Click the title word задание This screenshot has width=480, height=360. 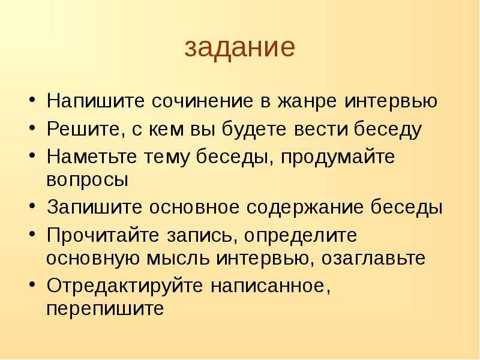[x=239, y=48]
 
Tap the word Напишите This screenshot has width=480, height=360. [x=95, y=100]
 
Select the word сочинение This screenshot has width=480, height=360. [x=202, y=101]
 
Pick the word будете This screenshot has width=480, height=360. [x=254, y=129]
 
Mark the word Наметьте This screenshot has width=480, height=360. [x=92, y=157]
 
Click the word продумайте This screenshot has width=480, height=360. [x=338, y=157]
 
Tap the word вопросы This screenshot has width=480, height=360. [x=87, y=180]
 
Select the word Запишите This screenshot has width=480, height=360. [x=95, y=207]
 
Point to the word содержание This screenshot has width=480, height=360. [x=305, y=208]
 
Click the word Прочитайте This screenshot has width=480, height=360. [x=103, y=235]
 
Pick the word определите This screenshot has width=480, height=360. [x=301, y=236]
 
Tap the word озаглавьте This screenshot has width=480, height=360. [x=373, y=258]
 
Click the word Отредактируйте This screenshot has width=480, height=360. [x=125, y=286]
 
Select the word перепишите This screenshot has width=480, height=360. [x=105, y=309]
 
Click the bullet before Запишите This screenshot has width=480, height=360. [x=32, y=206]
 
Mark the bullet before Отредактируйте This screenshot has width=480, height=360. [x=32, y=284]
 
